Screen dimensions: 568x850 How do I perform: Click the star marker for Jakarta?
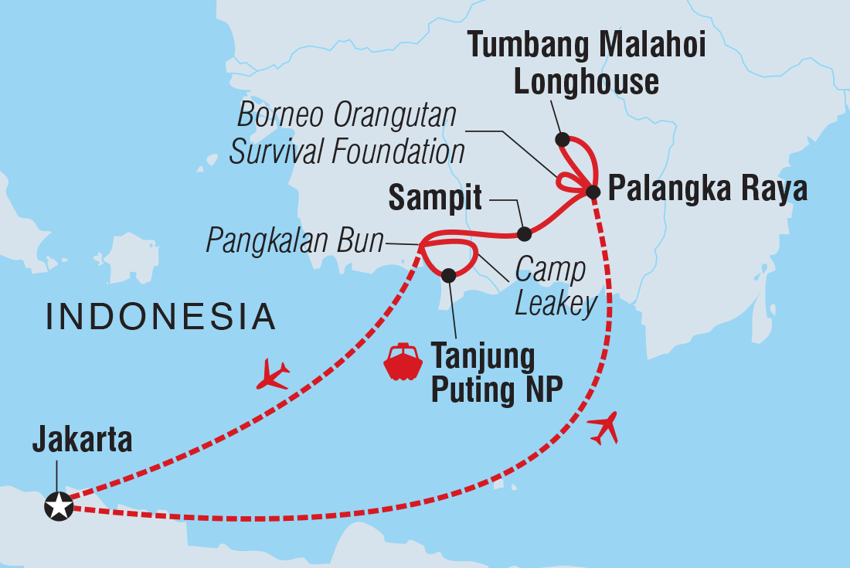tap(59, 507)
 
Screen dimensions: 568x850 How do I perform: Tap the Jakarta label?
tap(82, 441)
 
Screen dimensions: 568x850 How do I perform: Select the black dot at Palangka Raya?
tap(593, 192)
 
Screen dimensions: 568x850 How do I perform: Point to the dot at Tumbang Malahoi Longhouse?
tap(563, 140)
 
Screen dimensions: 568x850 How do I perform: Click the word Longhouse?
tap(586, 81)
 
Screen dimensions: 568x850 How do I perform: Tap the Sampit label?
tap(435, 199)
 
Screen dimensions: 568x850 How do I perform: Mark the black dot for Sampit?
tap(524, 233)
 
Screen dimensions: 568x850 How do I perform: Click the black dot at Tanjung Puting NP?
tap(449, 274)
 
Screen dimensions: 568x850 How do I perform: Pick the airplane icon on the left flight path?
tap(273, 374)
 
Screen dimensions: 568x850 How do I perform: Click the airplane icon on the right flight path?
tap(604, 428)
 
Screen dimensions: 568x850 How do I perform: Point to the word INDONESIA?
tap(161, 317)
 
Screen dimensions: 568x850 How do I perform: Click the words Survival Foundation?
tap(347, 151)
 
